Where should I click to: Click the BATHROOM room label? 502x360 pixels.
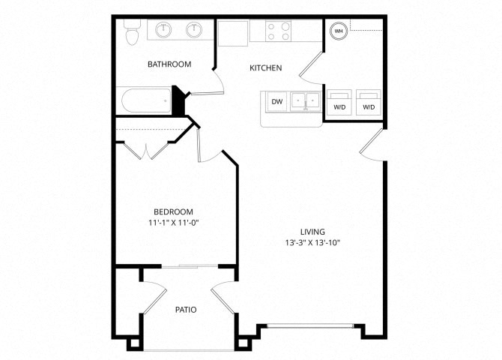point(169,64)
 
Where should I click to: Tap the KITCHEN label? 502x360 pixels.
point(266,68)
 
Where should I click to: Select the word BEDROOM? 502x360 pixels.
point(174,212)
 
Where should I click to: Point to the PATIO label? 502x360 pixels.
point(186,310)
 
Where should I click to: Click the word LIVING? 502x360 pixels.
point(312,232)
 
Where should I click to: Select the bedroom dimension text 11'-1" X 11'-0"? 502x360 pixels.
point(174,223)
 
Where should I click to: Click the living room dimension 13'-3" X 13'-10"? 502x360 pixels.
point(312,243)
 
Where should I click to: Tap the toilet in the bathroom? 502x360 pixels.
point(132,32)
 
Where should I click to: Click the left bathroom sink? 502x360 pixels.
point(163,30)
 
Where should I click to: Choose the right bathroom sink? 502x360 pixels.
point(194,30)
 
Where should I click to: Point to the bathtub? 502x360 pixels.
point(146,100)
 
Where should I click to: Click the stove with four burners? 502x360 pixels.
point(278,31)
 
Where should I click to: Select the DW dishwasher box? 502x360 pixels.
point(277,101)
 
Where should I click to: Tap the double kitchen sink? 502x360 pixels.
point(306,101)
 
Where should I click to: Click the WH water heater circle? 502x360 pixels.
point(339,31)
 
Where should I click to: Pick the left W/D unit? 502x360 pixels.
point(339,102)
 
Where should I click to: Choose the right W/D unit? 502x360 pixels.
point(369,102)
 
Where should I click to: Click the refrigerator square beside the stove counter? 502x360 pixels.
point(233,33)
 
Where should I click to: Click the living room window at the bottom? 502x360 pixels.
point(310,325)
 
